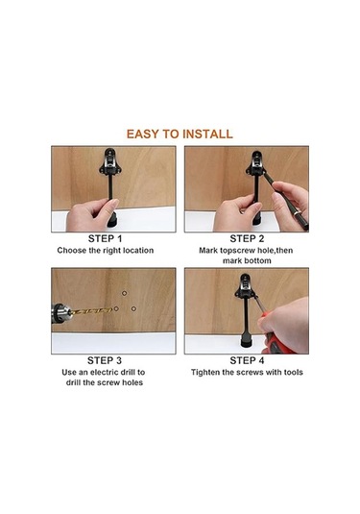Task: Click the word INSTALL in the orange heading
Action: (x=207, y=135)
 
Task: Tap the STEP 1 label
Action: (x=105, y=238)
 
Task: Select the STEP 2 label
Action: (x=247, y=238)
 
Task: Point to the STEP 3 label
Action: (x=105, y=360)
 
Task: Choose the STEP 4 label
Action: (x=247, y=360)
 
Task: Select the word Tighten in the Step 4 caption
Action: (x=204, y=373)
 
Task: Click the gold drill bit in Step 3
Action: (x=91, y=310)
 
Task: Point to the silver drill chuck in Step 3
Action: (x=60, y=313)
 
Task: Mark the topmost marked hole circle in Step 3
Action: (x=125, y=293)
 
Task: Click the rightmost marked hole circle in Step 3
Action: (x=133, y=308)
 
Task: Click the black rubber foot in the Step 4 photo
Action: (x=246, y=343)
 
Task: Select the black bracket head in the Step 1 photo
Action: (x=110, y=162)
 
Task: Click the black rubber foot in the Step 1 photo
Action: (x=112, y=220)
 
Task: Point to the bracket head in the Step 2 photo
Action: (x=255, y=163)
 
